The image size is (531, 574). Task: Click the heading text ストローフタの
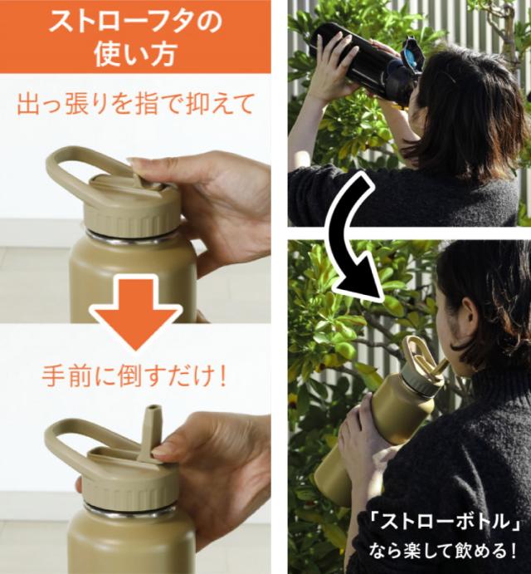(136, 22)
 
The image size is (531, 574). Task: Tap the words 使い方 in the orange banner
(135, 55)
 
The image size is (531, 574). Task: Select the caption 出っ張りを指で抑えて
(135, 104)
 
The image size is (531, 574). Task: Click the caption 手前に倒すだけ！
(135, 376)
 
